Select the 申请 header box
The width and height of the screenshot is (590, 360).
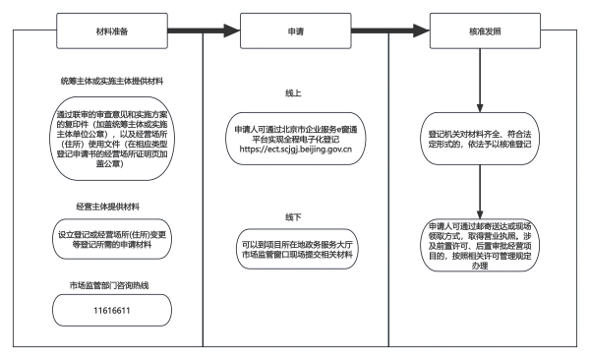point(294,30)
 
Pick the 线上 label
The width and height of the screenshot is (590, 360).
point(294,94)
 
